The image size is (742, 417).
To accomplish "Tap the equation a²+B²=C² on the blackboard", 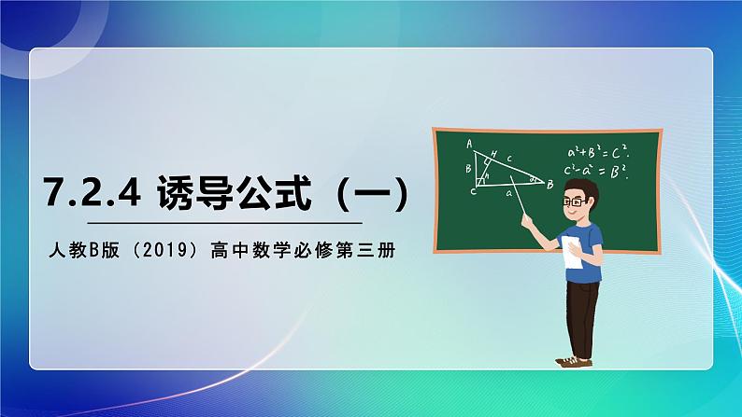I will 597,151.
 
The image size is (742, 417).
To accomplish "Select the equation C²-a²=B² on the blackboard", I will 597,170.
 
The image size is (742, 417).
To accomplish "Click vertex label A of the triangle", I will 469,143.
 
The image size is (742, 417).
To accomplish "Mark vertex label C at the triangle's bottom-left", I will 473,192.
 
